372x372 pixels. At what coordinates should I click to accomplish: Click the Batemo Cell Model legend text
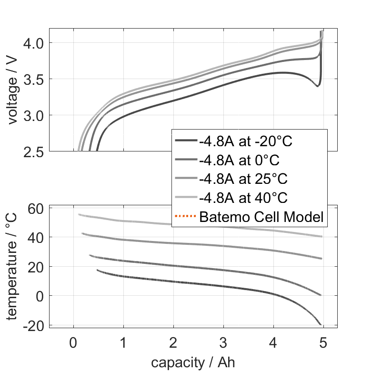click(x=261, y=217)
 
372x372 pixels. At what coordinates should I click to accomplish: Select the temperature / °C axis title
click(x=12, y=267)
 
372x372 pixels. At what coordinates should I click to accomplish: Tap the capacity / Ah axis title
click(x=193, y=362)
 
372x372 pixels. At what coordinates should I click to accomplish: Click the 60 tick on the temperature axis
click(x=36, y=208)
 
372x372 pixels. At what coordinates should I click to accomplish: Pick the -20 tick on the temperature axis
click(x=33, y=325)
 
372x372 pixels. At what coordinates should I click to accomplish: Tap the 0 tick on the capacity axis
click(x=73, y=343)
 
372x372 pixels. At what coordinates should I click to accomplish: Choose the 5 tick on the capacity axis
click(x=323, y=343)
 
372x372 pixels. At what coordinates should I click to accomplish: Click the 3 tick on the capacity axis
click(x=223, y=343)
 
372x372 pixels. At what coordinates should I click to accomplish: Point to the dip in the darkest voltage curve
click(x=317, y=86)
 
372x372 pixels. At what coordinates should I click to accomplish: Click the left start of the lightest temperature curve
click(x=80, y=214)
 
